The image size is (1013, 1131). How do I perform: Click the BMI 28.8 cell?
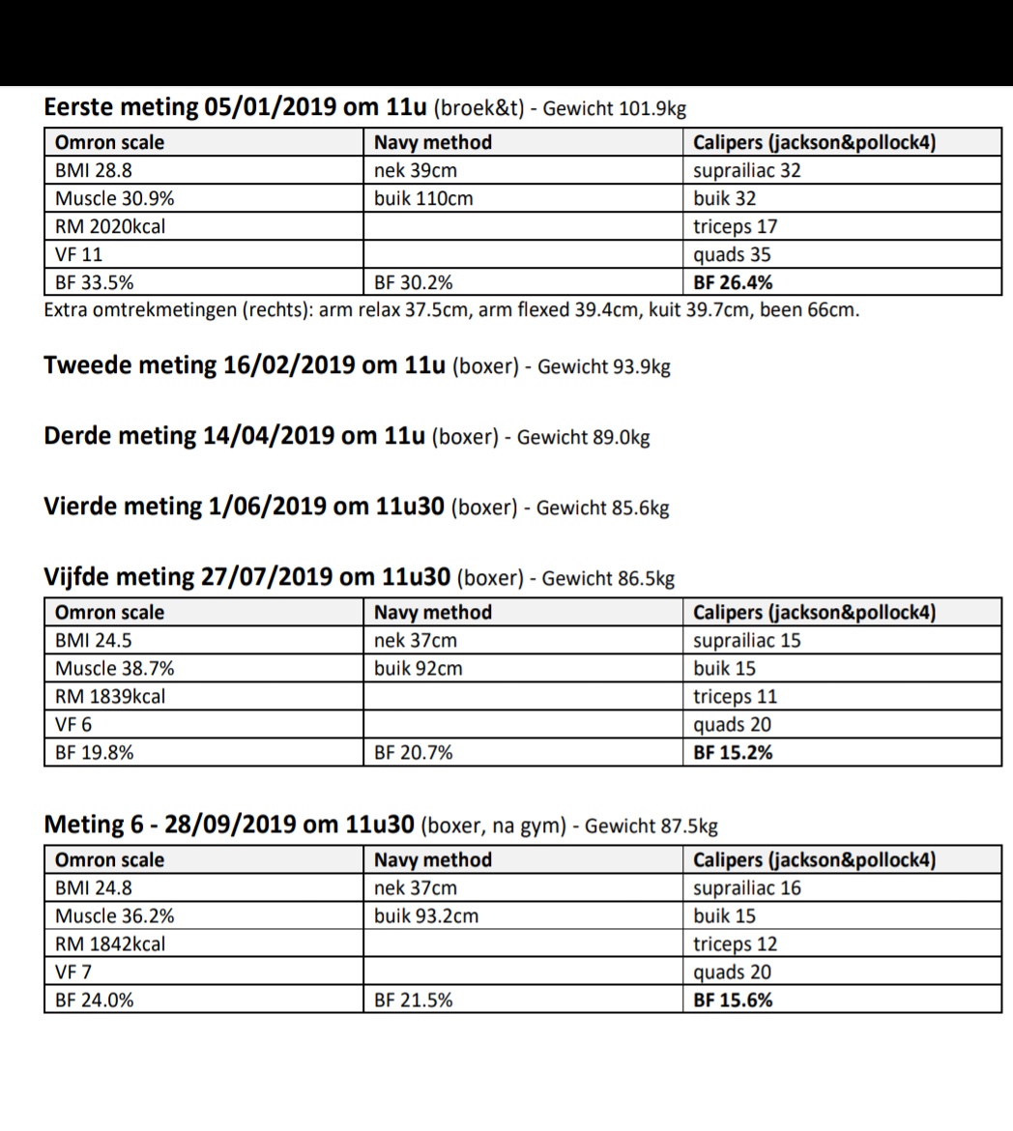(x=92, y=171)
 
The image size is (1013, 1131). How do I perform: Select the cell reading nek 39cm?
(x=416, y=171)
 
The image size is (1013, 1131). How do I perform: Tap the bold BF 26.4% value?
(x=733, y=283)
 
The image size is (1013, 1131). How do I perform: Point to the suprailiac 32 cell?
(x=747, y=171)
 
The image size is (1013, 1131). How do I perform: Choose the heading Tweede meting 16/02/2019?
(x=245, y=366)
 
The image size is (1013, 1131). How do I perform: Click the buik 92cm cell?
(x=419, y=669)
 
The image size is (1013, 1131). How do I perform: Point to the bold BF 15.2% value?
(x=733, y=753)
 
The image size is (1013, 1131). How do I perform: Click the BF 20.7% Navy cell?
(x=414, y=753)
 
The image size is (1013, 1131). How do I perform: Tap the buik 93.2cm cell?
(x=426, y=916)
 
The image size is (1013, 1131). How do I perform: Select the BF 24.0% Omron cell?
(x=95, y=1000)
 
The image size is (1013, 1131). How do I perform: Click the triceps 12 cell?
(x=735, y=944)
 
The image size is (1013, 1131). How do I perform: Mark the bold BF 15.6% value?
(x=733, y=1000)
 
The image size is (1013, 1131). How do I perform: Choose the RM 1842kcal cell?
(x=110, y=944)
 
